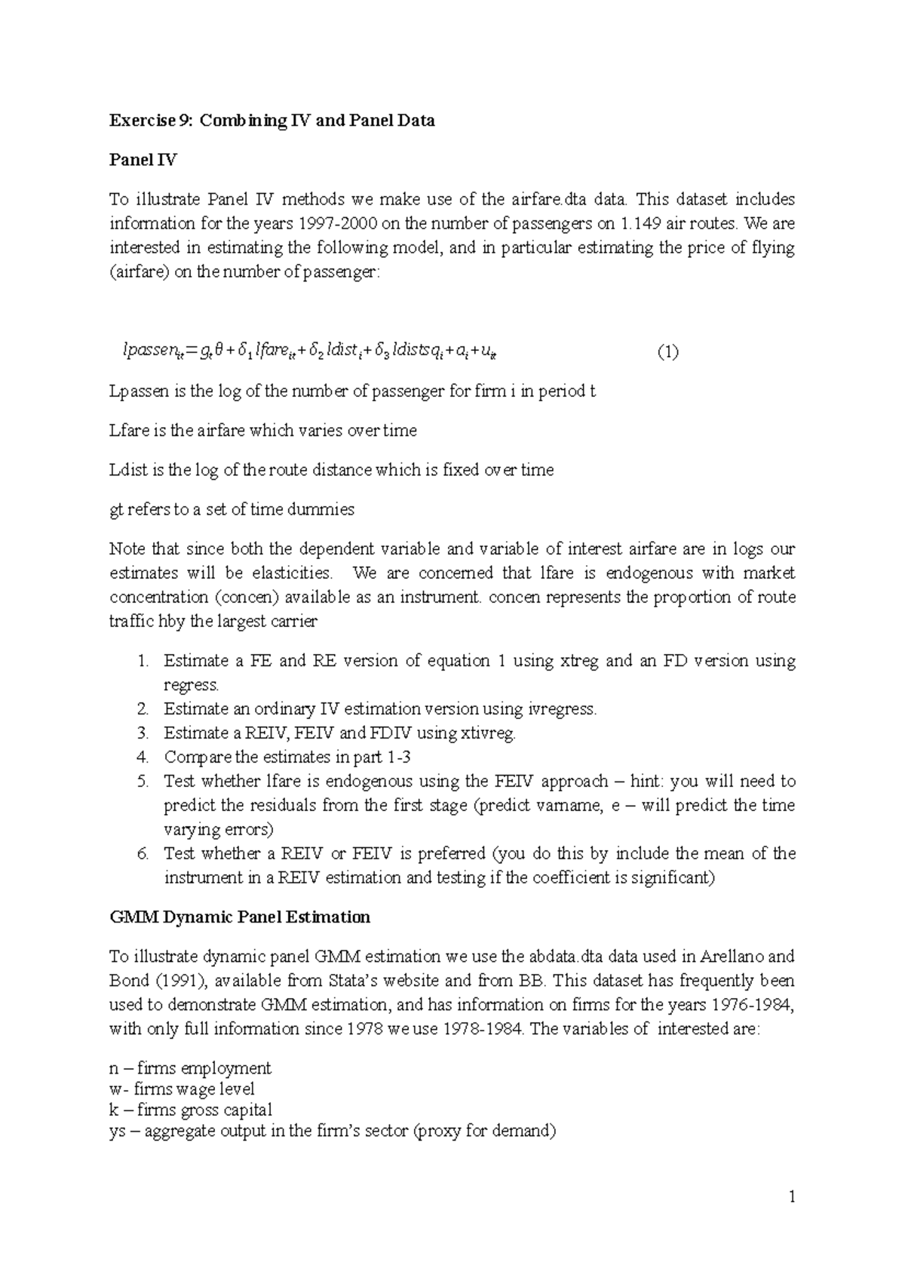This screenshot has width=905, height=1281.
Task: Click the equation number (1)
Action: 667,352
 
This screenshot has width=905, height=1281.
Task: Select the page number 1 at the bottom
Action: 791,1197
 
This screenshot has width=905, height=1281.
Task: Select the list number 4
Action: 143,757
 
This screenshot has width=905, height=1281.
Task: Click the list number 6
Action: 143,854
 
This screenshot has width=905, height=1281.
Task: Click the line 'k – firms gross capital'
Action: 191,1111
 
